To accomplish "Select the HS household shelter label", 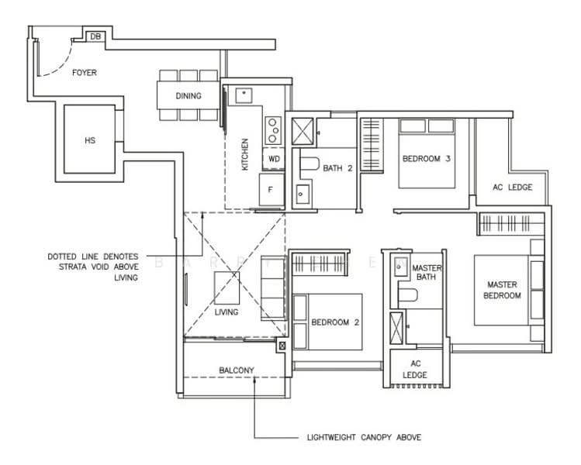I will pos(89,141).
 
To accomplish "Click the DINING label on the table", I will pos(188,96).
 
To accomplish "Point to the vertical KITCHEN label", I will pos(245,154).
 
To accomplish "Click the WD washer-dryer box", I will pos(273,159).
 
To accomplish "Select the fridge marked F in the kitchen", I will pos(271,188).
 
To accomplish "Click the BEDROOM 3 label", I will pos(426,160).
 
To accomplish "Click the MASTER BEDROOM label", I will pos(503,290).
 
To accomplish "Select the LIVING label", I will pos(227,312).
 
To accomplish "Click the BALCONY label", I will pos(237,370).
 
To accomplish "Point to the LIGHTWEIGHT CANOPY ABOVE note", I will pos(365,437).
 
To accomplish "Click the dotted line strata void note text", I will pos(92,267).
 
